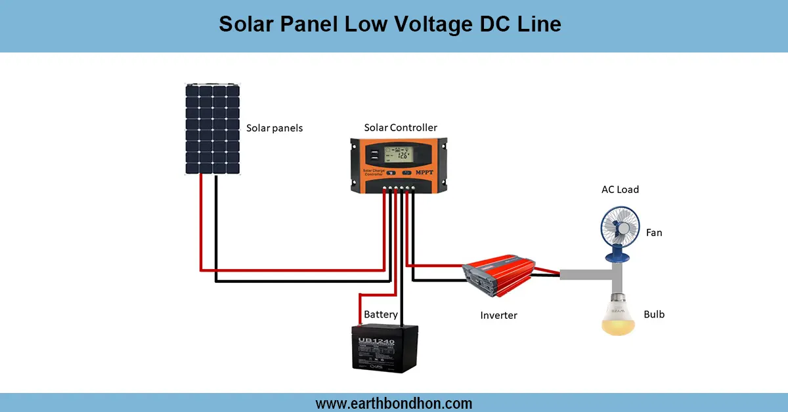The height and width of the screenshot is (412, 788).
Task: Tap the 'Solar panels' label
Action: click(x=274, y=128)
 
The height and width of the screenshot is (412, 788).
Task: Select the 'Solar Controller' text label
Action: click(x=400, y=127)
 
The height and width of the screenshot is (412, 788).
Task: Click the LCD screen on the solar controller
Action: click(x=399, y=155)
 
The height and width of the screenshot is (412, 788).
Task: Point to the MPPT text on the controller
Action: click(x=427, y=173)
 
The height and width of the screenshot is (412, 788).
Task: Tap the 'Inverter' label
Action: click(x=498, y=316)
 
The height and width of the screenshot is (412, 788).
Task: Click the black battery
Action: click(x=385, y=349)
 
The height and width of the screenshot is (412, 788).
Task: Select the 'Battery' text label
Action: click(x=381, y=315)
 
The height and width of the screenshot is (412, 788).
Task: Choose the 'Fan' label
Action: click(x=654, y=232)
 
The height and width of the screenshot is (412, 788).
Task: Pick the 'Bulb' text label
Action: click(x=654, y=314)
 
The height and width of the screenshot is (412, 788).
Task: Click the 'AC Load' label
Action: click(x=620, y=190)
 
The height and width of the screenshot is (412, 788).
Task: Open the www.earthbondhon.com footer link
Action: click(x=394, y=403)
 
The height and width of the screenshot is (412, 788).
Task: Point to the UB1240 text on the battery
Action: click(x=376, y=342)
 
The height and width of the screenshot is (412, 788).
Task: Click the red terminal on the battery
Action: click(x=361, y=326)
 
